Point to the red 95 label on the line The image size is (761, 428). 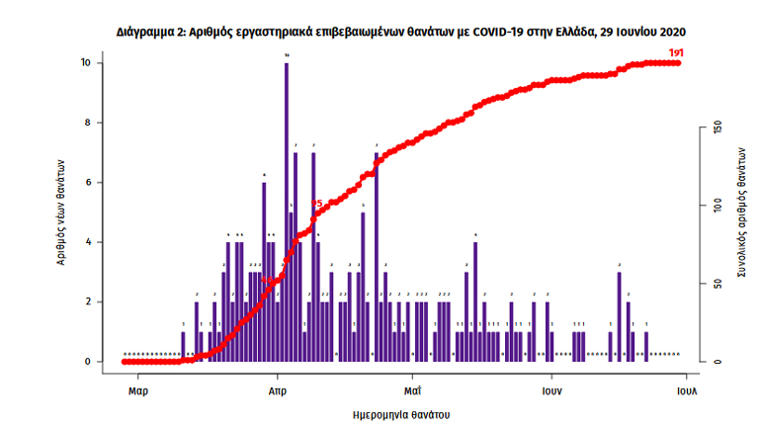coord(316,204)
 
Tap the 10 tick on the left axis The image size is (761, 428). coord(86,63)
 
